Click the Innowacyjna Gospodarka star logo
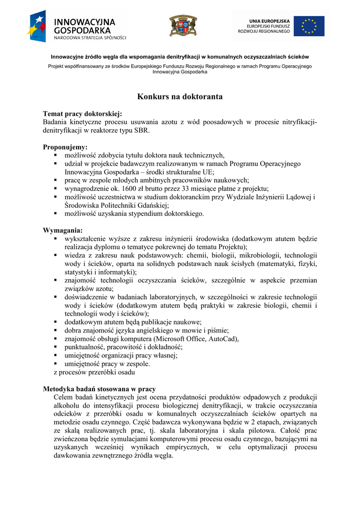click(x=37, y=26)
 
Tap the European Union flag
click(x=309, y=26)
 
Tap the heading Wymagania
click(x=63, y=231)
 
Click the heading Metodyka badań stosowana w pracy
click(x=99, y=389)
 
